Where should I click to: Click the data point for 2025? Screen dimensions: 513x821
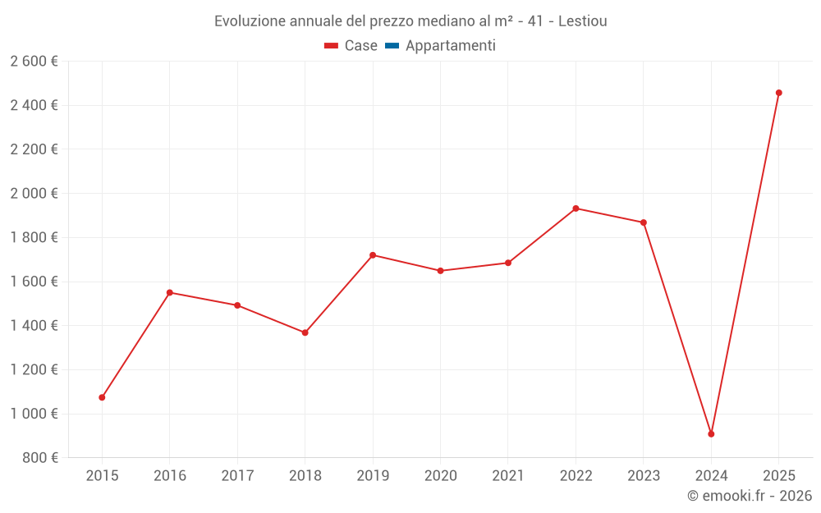[778, 93]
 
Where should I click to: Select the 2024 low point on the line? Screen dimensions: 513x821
[711, 433]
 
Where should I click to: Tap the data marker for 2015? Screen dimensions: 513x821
[102, 397]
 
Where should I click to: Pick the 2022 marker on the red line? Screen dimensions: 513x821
[576, 208]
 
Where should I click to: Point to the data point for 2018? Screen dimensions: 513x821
[305, 332]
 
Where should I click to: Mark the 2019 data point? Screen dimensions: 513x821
[373, 255]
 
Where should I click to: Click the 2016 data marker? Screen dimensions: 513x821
[170, 292]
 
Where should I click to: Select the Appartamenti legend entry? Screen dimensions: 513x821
[450, 46]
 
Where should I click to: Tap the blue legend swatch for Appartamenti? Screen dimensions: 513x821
[392, 46]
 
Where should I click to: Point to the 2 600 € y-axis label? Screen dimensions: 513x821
[34, 62]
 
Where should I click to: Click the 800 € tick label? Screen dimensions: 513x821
[39, 458]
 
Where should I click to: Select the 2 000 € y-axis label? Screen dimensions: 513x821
[34, 194]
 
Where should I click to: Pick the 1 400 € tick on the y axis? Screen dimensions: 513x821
[34, 326]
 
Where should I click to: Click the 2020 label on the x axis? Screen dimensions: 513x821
[440, 476]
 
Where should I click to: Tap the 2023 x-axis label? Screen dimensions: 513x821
[643, 476]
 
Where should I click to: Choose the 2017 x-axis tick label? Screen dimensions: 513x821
[237, 476]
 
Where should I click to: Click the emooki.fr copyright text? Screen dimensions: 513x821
[750, 496]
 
